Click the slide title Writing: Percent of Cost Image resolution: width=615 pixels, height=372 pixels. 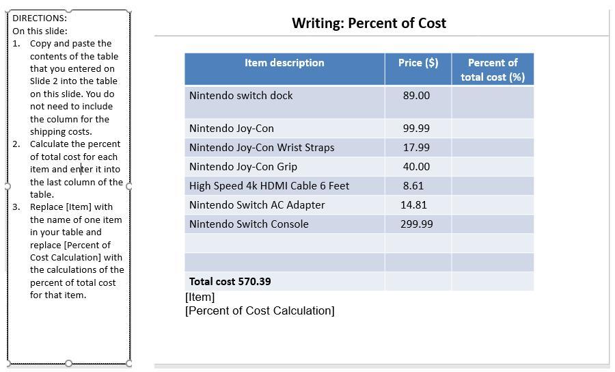click(x=369, y=23)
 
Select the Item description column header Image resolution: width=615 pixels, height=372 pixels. click(x=284, y=63)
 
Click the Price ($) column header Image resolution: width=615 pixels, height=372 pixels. click(x=418, y=63)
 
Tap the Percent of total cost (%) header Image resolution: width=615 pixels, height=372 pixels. click(x=493, y=70)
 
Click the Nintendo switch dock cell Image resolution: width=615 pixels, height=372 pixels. click(x=241, y=96)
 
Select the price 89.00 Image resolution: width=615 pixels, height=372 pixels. click(x=416, y=96)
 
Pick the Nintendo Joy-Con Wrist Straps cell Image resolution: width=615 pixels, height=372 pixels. click(x=262, y=148)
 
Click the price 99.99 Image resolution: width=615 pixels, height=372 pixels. click(x=416, y=129)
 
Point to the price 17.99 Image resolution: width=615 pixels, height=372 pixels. click(x=416, y=148)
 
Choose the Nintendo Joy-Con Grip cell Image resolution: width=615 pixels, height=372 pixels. click(x=243, y=167)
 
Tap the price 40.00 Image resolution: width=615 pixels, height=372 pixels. click(x=416, y=167)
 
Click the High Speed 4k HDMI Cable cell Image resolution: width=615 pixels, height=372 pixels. click(x=269, y=186)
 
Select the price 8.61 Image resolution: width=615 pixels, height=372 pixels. click(x=413, y=186)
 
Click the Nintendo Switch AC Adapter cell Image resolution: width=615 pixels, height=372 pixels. click(x=257, y=205)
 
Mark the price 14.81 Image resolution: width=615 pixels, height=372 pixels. click(x=413, y=205)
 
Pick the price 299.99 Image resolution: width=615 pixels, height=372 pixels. click(x=416, y=224)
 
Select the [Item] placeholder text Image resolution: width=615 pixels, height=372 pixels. click(x=200, y=297)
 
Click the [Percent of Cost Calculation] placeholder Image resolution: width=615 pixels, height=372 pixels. click(x=260, y=311)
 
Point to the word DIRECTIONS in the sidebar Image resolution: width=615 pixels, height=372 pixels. click(x=39, y=18)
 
